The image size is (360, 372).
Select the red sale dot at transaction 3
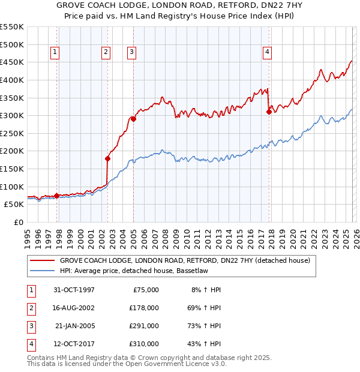point(133,119)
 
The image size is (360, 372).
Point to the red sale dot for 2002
point(107,159)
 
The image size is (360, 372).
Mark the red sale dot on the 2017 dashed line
point(269,112)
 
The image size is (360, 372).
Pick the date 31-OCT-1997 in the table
point(74,290)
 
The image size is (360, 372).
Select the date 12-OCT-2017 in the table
point(74,344)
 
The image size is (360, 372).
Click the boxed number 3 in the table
point(30,327)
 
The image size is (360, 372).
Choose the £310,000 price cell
point(144,344)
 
